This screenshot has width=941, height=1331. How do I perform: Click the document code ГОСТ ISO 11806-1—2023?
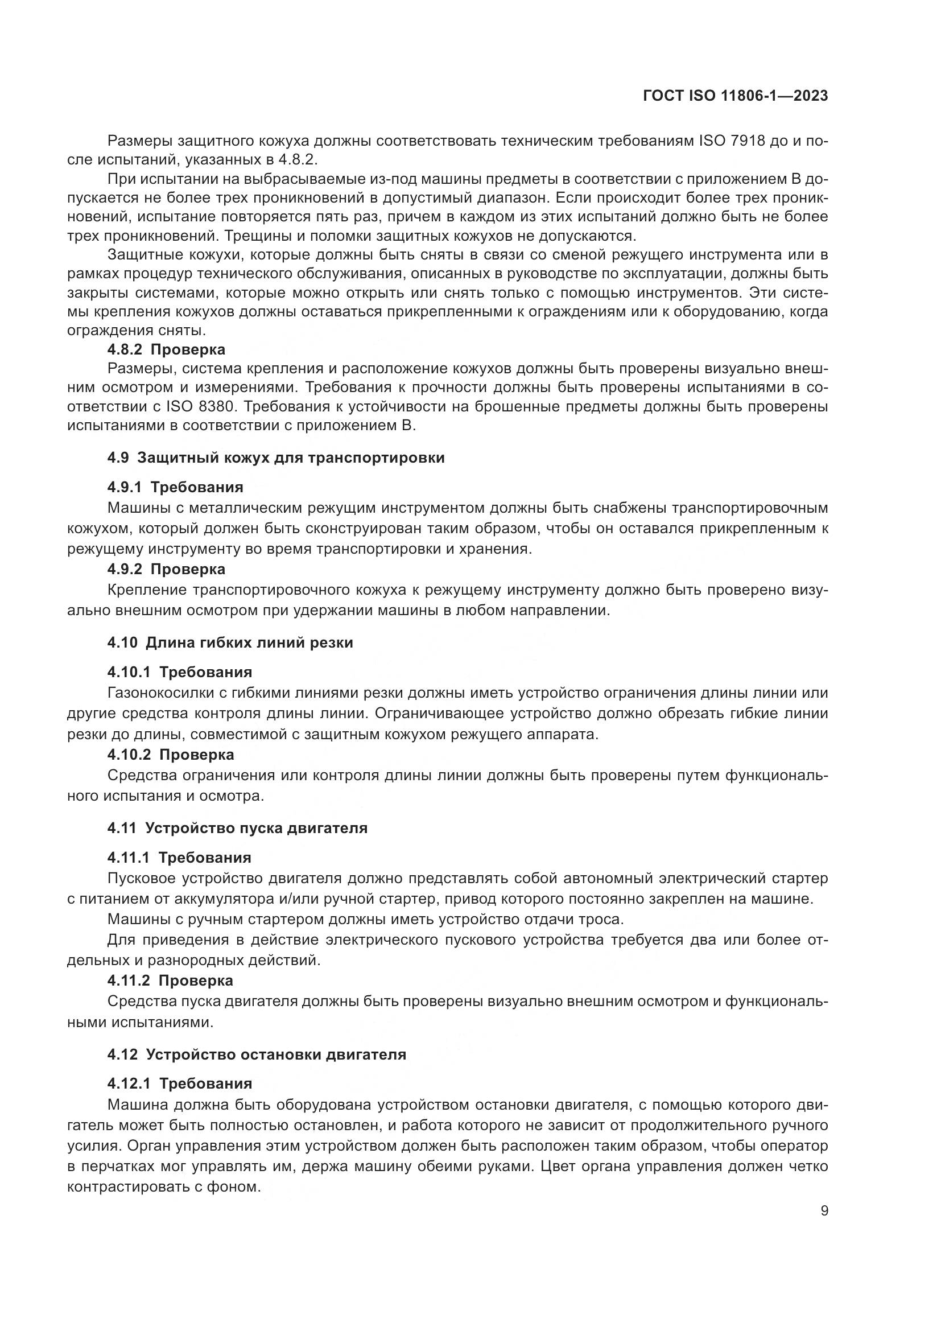point(735,96)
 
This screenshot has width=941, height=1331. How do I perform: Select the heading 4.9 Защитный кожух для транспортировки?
point(276,458)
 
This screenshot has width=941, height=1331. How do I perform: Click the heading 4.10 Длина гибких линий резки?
point(230,642)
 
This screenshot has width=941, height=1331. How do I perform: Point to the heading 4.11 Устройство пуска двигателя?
point(238,828)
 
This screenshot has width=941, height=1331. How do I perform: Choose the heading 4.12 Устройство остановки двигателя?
point(257,1054)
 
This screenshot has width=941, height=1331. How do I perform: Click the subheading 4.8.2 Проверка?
point(166,349)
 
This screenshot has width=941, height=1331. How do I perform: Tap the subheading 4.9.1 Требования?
point(176,487)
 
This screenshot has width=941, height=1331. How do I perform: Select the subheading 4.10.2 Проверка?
point(171,754)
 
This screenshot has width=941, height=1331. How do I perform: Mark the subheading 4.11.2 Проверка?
point(170,980)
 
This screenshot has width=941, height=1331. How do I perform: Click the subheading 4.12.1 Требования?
point(180,1083)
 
